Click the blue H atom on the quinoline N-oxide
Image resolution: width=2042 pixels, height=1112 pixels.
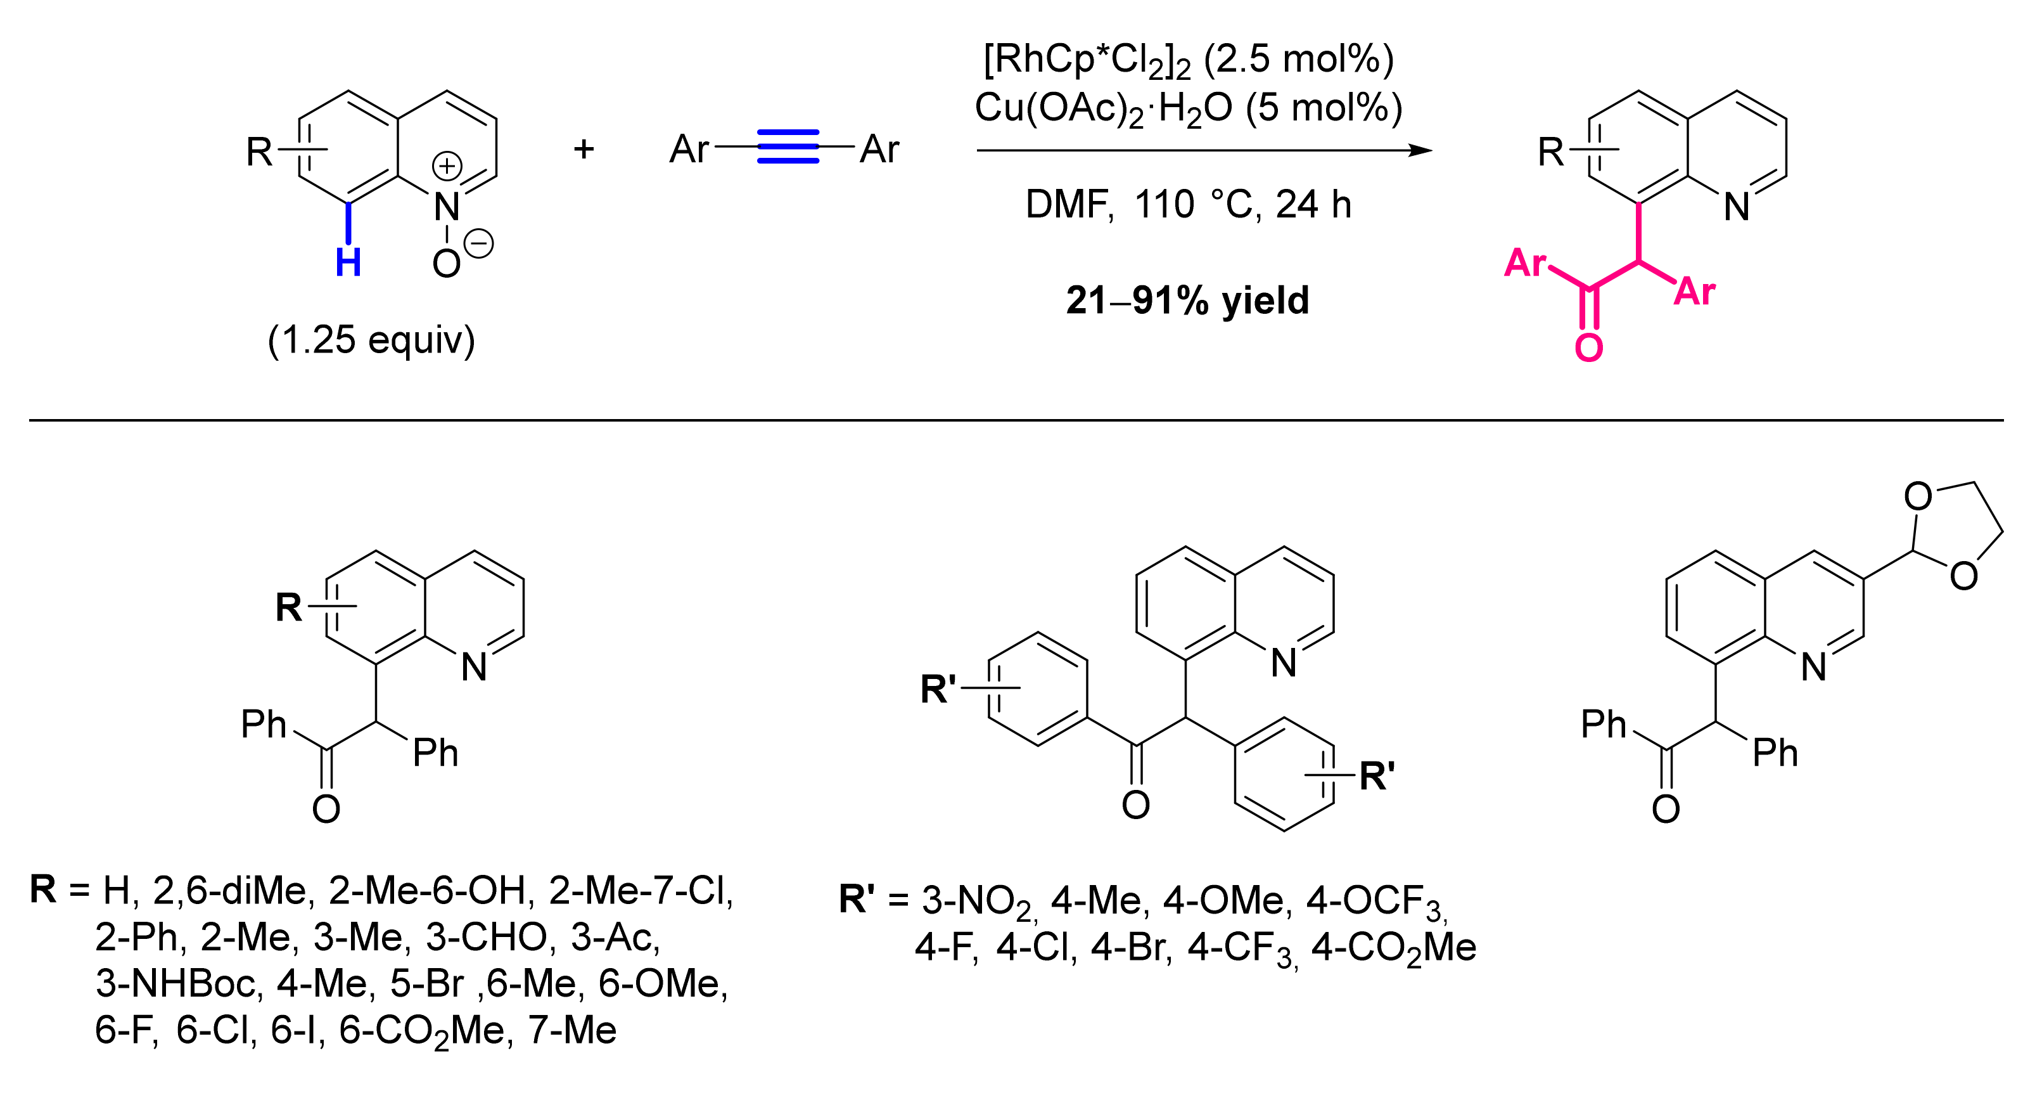[x=348, y=262]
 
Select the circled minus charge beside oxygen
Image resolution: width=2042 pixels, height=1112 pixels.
[x=479, y=243]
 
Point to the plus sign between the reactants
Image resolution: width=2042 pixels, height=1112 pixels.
[x=584, y=148]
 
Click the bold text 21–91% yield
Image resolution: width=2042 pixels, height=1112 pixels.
[x=1187, y=301]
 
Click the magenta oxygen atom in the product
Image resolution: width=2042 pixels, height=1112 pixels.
[x=1588, y=348]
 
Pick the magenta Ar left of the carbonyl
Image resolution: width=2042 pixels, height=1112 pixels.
[x=1525, y=262]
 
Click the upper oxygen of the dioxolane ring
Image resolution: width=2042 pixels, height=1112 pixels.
[x=1918, y=497]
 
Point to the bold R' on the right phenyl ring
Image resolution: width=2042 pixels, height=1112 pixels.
[x=1377, y=776]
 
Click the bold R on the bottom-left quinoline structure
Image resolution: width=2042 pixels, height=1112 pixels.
[x=288, y=607]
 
